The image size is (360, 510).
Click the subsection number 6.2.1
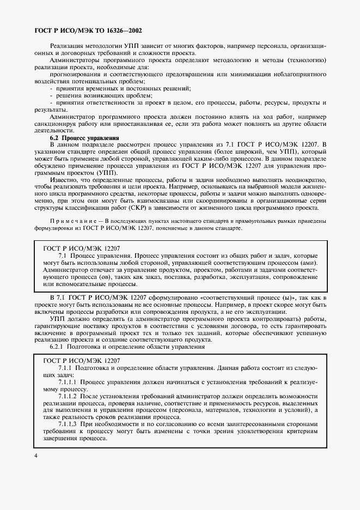(x=59, y=347)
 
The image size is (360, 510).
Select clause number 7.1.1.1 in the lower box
(x=68, y=383)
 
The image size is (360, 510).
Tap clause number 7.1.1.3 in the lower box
(x=68, y=423)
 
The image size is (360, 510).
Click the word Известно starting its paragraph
(x=62, y=179)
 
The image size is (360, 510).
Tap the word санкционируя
(x=68, y=124)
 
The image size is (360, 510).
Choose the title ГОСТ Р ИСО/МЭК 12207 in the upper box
(x=81, y=247)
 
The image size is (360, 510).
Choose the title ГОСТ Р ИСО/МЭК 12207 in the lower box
(x=81, y=361)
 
